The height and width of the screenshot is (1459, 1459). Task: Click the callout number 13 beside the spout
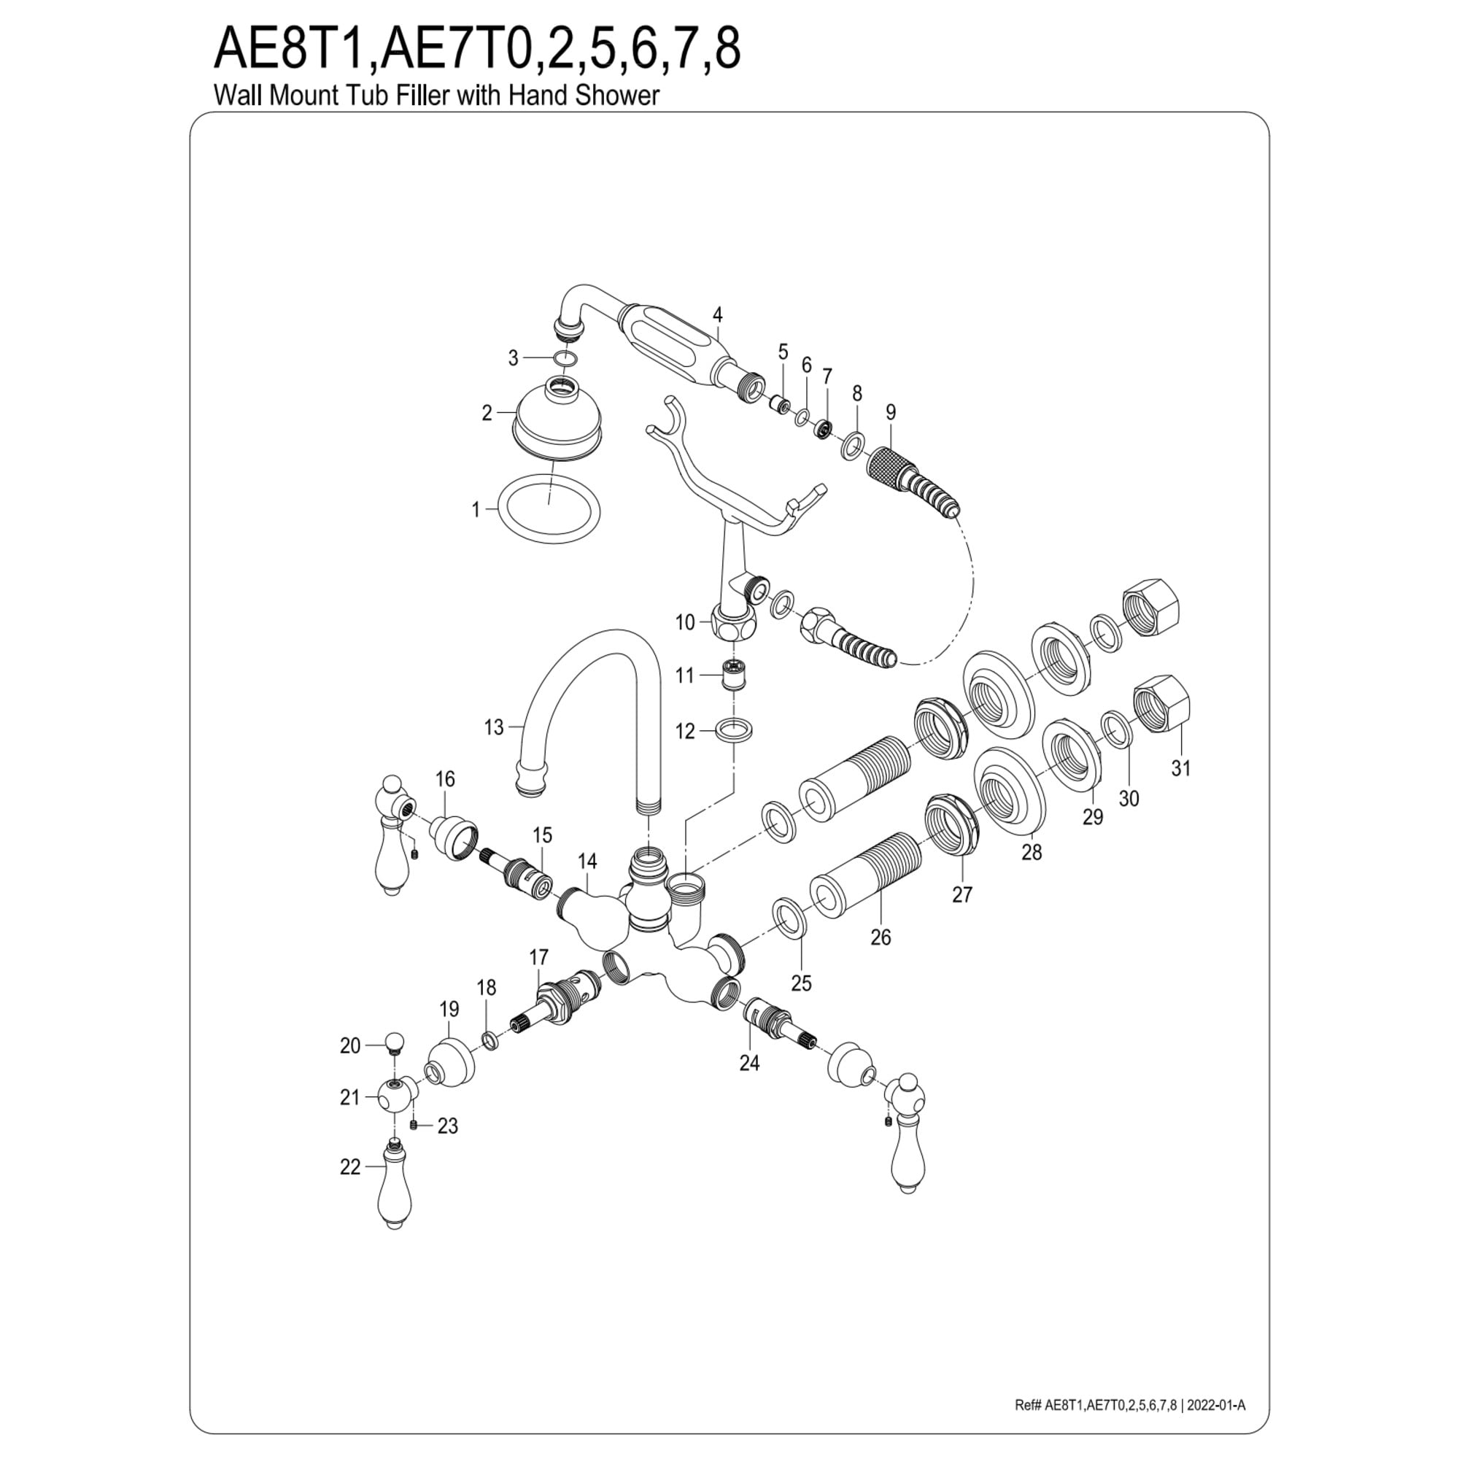click(493, 727)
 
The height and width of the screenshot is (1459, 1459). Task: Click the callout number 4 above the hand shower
click(717, 315)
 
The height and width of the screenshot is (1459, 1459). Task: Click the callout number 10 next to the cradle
click(685, 622)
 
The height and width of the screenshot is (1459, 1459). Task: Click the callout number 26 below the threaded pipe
click(881, 937)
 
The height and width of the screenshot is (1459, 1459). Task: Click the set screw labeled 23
click(414, 1125)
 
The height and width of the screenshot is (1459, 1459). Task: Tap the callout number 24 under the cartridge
click(749, 1063)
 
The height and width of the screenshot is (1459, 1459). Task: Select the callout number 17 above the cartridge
click(538, 958)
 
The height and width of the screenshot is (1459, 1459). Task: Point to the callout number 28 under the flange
click(1032, 852)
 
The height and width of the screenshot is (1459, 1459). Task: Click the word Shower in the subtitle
click(618, 95)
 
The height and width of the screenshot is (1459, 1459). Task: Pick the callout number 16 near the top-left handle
click(446, 778)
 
